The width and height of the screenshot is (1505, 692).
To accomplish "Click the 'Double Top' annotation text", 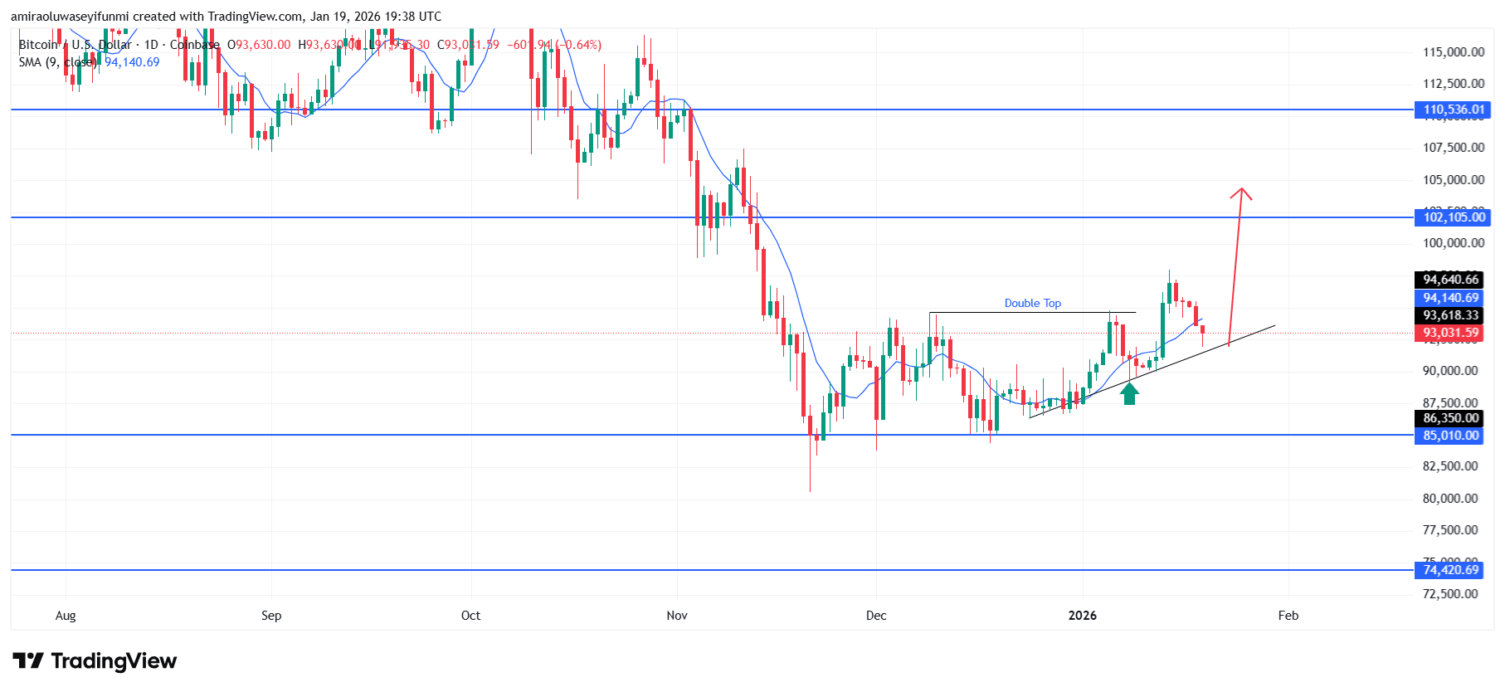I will tap(1032, 304).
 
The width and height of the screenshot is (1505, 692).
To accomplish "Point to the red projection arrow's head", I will tap(1241, 194).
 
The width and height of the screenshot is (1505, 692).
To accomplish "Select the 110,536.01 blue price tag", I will tap(1453, 110).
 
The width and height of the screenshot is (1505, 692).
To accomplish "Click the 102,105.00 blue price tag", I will tap(1453, 217).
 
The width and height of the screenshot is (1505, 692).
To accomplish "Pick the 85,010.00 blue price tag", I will tap(1449, 436).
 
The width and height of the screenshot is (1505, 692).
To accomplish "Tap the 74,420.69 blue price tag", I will tap(1449, 570).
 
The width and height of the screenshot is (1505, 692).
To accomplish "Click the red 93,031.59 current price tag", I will tap(1449, 333).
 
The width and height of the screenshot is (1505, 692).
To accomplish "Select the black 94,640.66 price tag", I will tap(1449, 280).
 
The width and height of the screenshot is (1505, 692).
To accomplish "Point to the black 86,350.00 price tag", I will tap(1449, 418).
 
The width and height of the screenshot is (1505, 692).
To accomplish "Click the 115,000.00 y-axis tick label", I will tap(1453, 52).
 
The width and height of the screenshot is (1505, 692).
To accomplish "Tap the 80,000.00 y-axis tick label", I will tap(1449, 499).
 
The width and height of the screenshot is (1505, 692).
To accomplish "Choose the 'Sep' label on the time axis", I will tap(271, 616).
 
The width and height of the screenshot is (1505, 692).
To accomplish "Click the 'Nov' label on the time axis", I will tap(677, 616).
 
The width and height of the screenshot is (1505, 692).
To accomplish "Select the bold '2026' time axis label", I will tap(1082, 616).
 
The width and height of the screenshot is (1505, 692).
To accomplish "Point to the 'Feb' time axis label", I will tap(1288, 616).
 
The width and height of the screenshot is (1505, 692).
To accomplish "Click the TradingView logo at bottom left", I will tap(95, 661).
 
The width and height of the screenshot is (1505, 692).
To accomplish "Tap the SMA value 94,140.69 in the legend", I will tap(132, 62).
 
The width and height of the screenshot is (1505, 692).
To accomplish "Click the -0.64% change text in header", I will tap(580, 45).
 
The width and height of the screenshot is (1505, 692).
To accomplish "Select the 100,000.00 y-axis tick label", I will tap(1453, 243).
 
